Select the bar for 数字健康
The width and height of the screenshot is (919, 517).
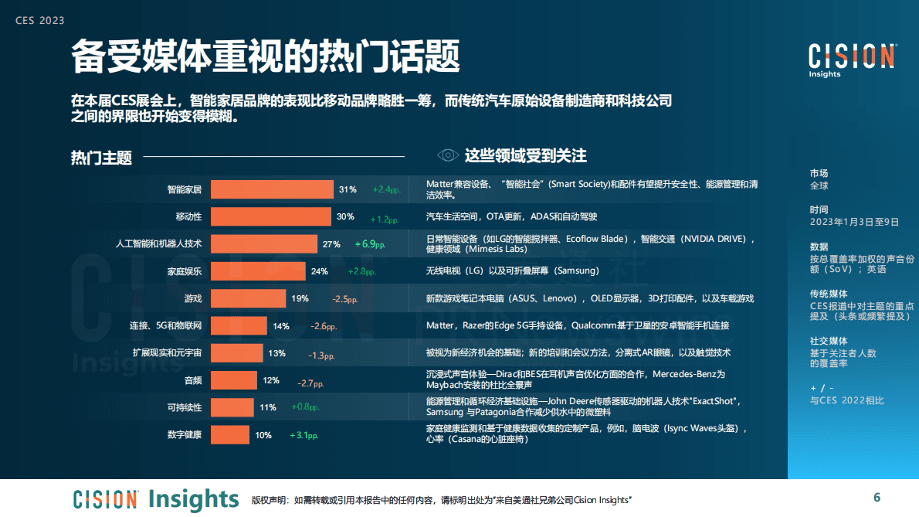[230, 435]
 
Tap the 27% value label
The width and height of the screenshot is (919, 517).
[331, 244]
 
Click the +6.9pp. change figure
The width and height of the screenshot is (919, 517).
[370, 244]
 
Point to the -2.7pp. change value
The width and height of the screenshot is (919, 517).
[310, 383]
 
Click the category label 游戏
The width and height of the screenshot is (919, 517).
[192, 298]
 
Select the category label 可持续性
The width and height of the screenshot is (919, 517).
[185, 407]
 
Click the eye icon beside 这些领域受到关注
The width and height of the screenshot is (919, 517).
[447, 155]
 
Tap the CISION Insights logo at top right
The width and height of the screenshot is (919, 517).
[852, 60]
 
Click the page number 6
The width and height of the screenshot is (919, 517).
[877, 497]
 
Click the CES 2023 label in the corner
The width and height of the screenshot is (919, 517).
[40, 21]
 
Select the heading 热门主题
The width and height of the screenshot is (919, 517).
[101, 158]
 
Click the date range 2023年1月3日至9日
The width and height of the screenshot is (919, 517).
[854, 222]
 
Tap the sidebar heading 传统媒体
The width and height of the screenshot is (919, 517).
[828, 294]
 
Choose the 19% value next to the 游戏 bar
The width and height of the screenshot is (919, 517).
[300, 298]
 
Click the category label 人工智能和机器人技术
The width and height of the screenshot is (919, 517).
[158, 244]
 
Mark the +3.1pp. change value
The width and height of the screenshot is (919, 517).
[304, 435]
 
